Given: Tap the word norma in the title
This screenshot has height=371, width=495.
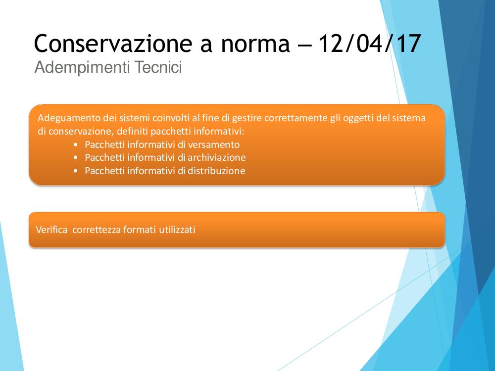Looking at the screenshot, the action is coord(255,44).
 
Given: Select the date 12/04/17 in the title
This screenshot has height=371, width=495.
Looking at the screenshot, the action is coord(369,44).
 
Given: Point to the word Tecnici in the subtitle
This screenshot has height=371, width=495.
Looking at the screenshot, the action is coord(158,67).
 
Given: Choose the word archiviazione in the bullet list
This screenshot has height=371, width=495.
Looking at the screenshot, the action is coord(217,157).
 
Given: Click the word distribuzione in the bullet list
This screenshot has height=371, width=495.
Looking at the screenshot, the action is coord(216,171).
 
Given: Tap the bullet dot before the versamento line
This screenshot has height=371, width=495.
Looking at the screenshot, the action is coord(75,145).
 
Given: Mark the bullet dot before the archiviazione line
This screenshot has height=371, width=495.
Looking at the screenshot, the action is coord(75,158).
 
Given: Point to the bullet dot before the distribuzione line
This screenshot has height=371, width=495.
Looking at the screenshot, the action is coord(75,171).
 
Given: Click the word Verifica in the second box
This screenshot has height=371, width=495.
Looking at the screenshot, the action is coord(51,230).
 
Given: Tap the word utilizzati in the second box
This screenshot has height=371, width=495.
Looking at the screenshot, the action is coord(177,230).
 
